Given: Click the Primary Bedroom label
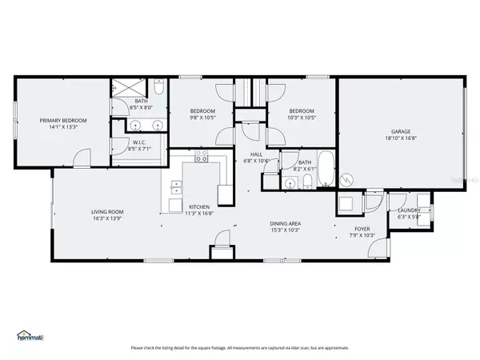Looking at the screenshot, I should [63, 120].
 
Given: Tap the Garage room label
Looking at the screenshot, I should [401, 132].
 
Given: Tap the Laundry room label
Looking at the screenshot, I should [408, 210].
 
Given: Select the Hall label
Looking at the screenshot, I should [256, 154].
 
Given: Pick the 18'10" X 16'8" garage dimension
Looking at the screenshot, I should [401, 138].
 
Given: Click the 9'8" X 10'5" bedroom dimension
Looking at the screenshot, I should [202, 118].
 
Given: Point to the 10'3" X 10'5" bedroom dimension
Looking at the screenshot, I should [302, 118].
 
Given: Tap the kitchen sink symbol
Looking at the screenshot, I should [175, 190].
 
